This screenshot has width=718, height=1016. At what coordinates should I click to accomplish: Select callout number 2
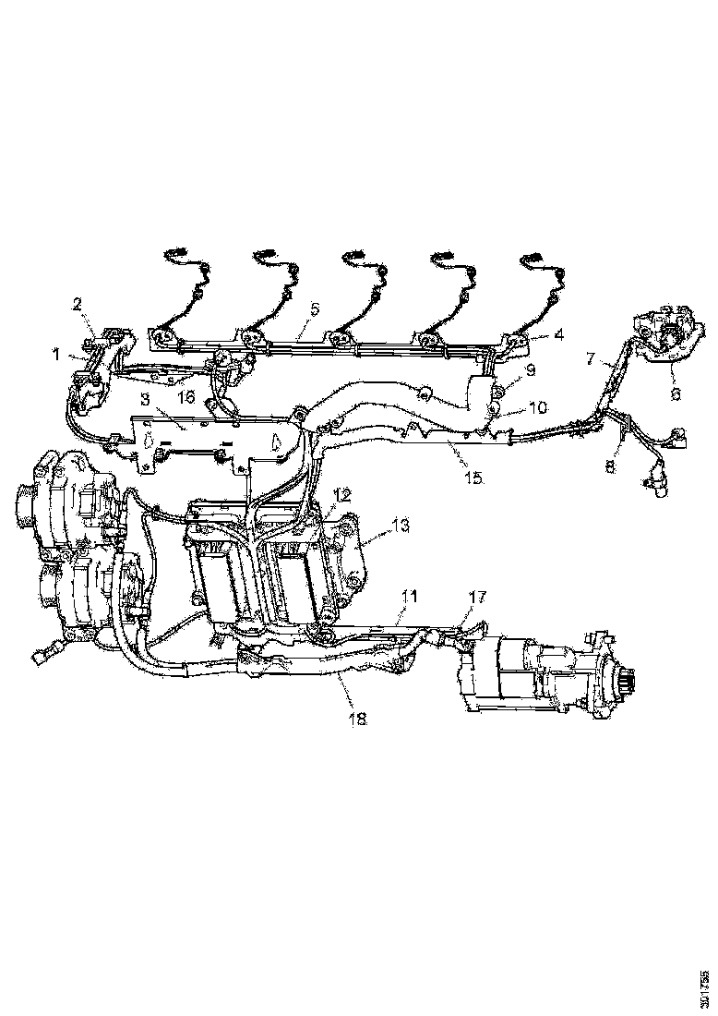78,303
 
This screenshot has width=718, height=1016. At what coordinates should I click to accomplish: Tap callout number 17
476,598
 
